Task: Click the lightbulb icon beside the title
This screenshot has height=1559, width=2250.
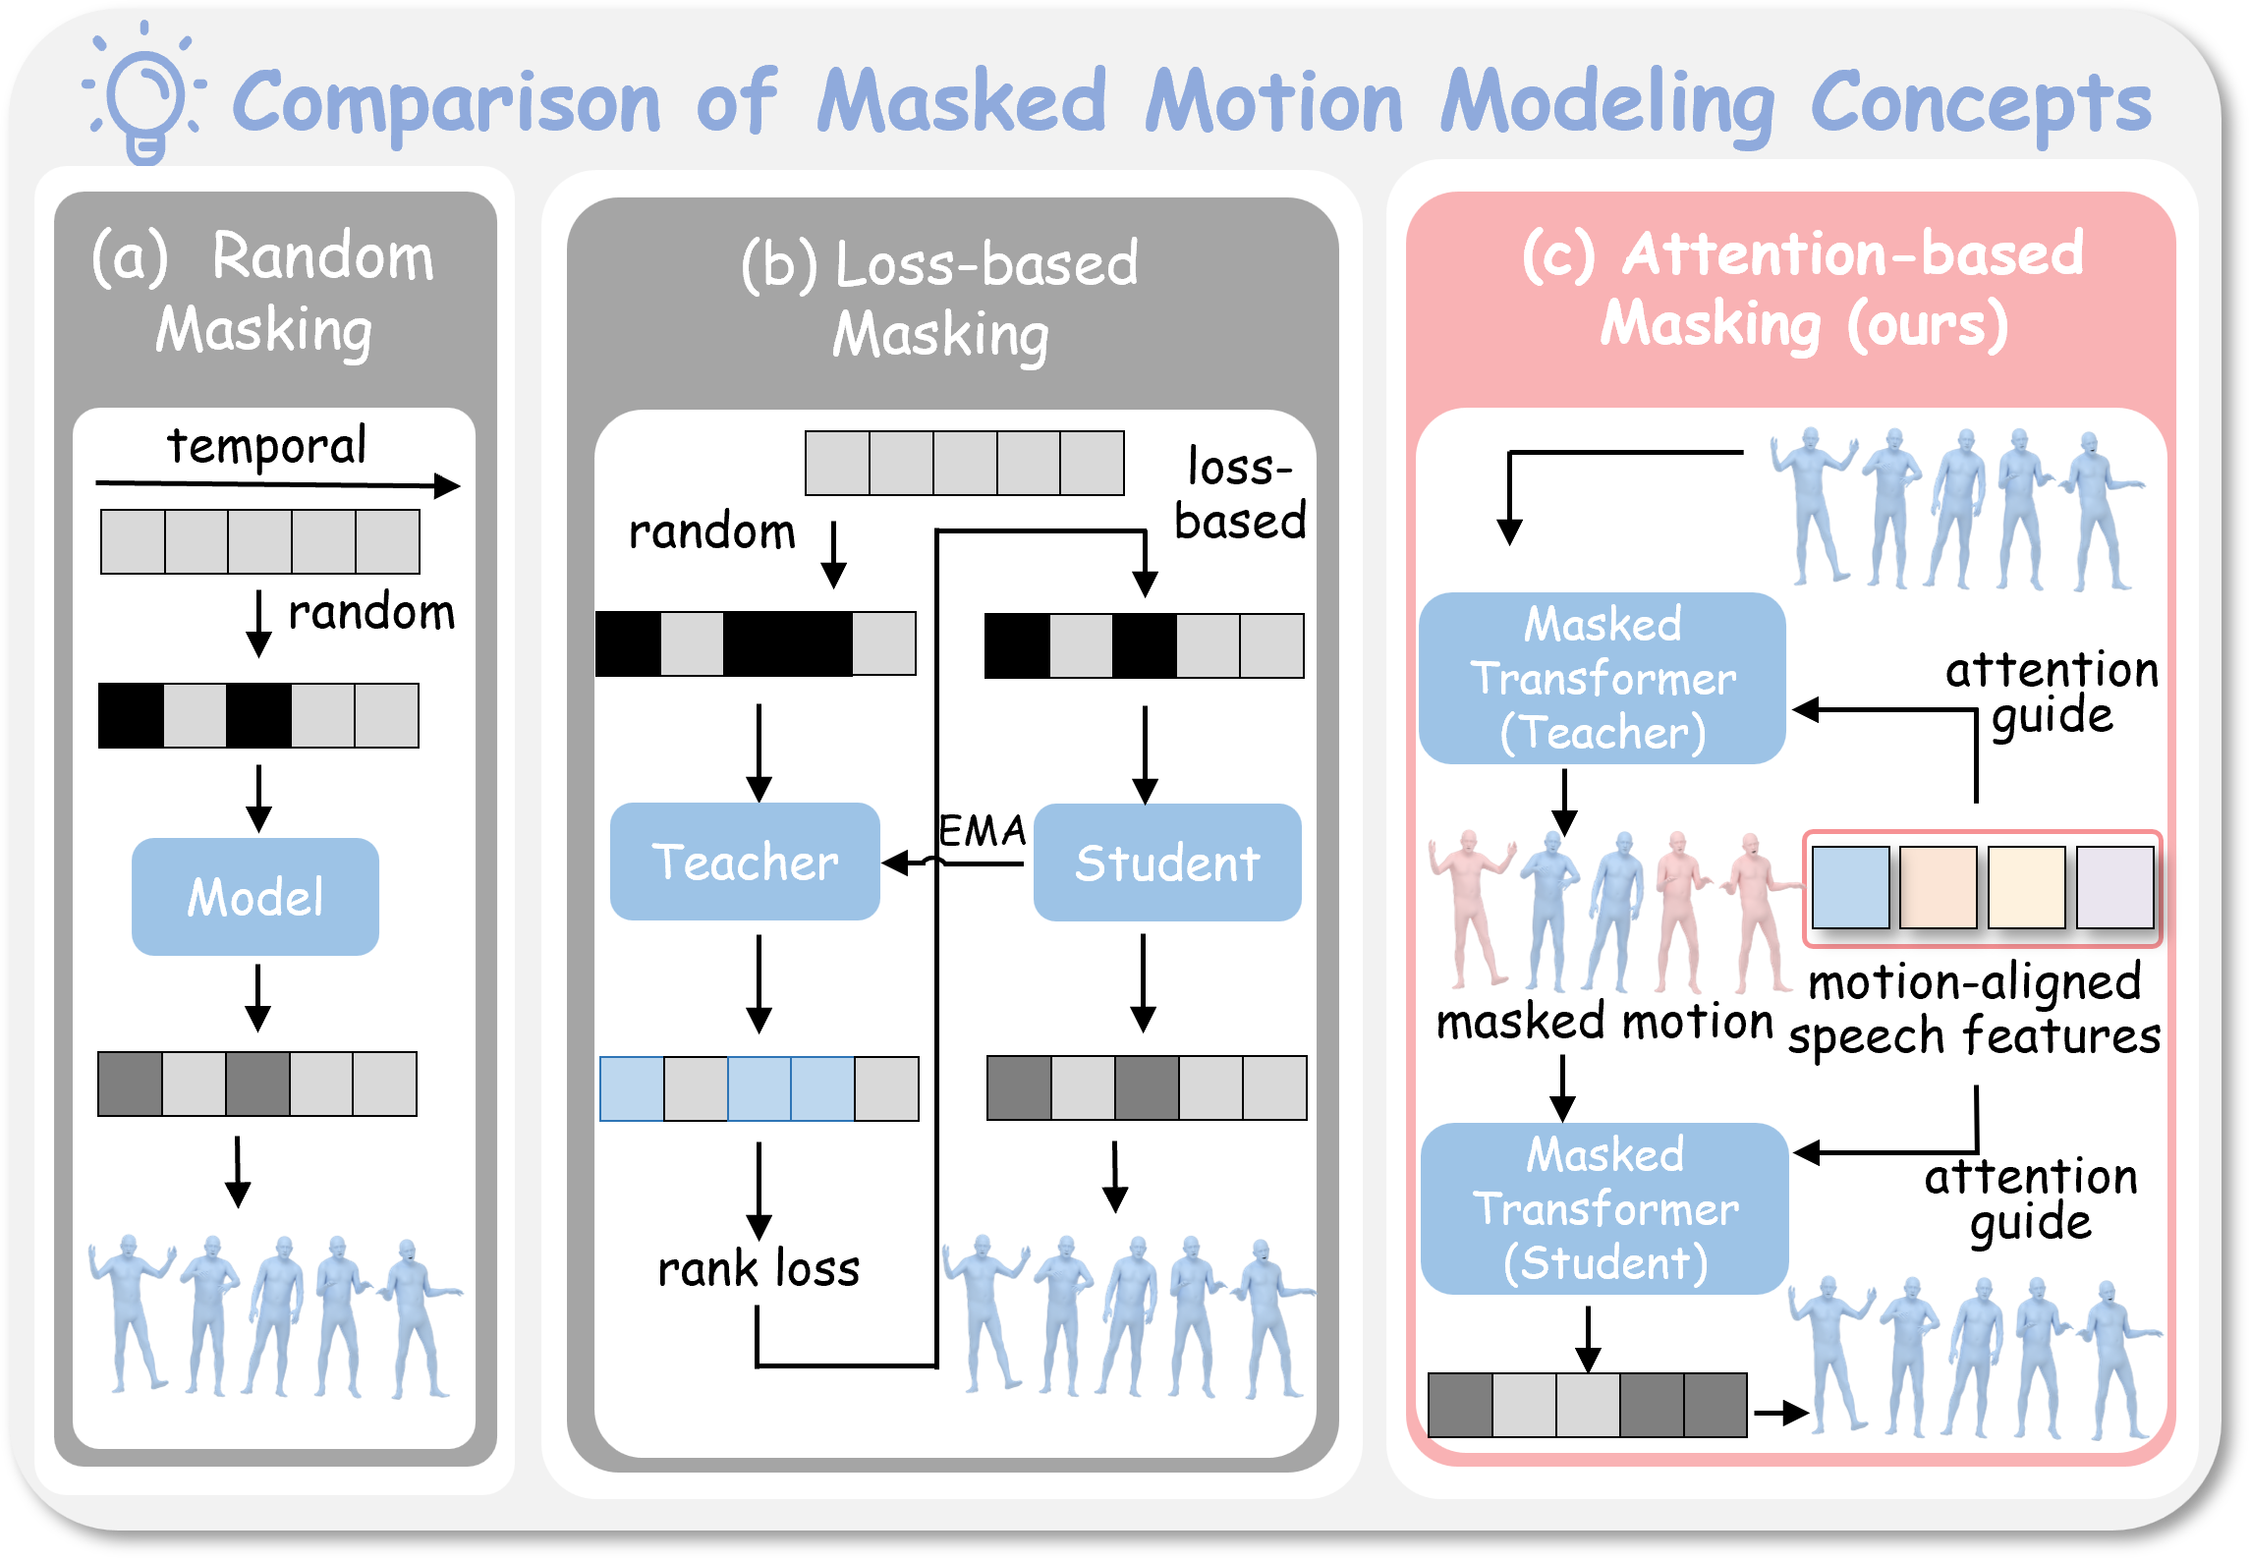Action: [x=145, y=98]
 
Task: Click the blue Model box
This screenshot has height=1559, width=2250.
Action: [x=255, y=896]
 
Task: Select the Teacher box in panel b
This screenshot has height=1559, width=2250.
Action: [x=745, y=862]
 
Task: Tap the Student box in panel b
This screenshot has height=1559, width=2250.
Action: [x=1167, y=863]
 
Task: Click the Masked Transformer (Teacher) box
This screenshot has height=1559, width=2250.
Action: [x=1603, y=678]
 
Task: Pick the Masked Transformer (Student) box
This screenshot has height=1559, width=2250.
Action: [x=1604, y=1208]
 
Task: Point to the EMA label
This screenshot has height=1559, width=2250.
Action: [x=982, y=831]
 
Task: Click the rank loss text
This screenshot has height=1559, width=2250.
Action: [x=759, y=1268]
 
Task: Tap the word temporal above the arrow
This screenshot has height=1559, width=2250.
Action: [x=267, y=446]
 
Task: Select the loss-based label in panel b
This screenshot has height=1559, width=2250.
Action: [x=1240, y=494]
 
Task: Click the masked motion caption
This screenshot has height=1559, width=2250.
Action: [x=1604, y=1022]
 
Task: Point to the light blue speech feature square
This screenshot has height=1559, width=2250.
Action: [x=1850, y=888]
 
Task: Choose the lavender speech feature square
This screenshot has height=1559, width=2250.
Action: [x=2115, y=888]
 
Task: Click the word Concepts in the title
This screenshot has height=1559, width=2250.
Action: [x=1981, y=103]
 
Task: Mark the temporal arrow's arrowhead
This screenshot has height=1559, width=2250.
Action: [x=448, y=485]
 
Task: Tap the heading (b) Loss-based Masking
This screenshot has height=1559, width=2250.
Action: [x=940, y=299]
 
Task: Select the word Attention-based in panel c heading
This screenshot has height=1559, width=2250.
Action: [x=1852, y=254]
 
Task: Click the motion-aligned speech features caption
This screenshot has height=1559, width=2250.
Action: [x=1975, y=1008]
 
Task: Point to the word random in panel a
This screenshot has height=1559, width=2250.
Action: [x=371, y=612]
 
